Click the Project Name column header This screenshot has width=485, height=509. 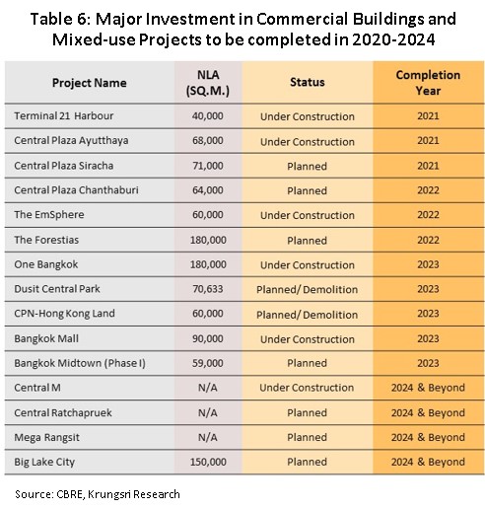click(89, 83)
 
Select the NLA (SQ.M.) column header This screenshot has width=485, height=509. click(208, 83)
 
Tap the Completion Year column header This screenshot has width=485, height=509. click(428, 83)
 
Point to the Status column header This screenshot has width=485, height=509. click(308, 82)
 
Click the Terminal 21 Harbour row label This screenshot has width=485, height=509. click(64, 115)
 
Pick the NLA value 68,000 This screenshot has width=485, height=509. click(208, 140)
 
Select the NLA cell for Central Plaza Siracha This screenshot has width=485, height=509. click(208, 166)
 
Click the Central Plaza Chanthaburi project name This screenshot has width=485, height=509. click(76, 190)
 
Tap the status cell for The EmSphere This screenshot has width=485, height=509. click(308, 215)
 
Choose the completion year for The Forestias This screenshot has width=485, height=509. click(428, 240)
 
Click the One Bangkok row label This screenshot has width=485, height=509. click(46, 264)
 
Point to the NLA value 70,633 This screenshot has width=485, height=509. click(208, 289)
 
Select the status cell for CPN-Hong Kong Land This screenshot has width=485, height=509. click(307, 315)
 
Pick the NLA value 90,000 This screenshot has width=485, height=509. click(208, 338)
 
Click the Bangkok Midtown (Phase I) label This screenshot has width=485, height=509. click(80, 363)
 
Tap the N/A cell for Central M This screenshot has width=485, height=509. click(208, 388)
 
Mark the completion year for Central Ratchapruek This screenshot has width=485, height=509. click(428, 412)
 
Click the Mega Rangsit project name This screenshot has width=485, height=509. click(46, 438)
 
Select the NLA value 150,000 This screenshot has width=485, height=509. click(208, 462)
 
